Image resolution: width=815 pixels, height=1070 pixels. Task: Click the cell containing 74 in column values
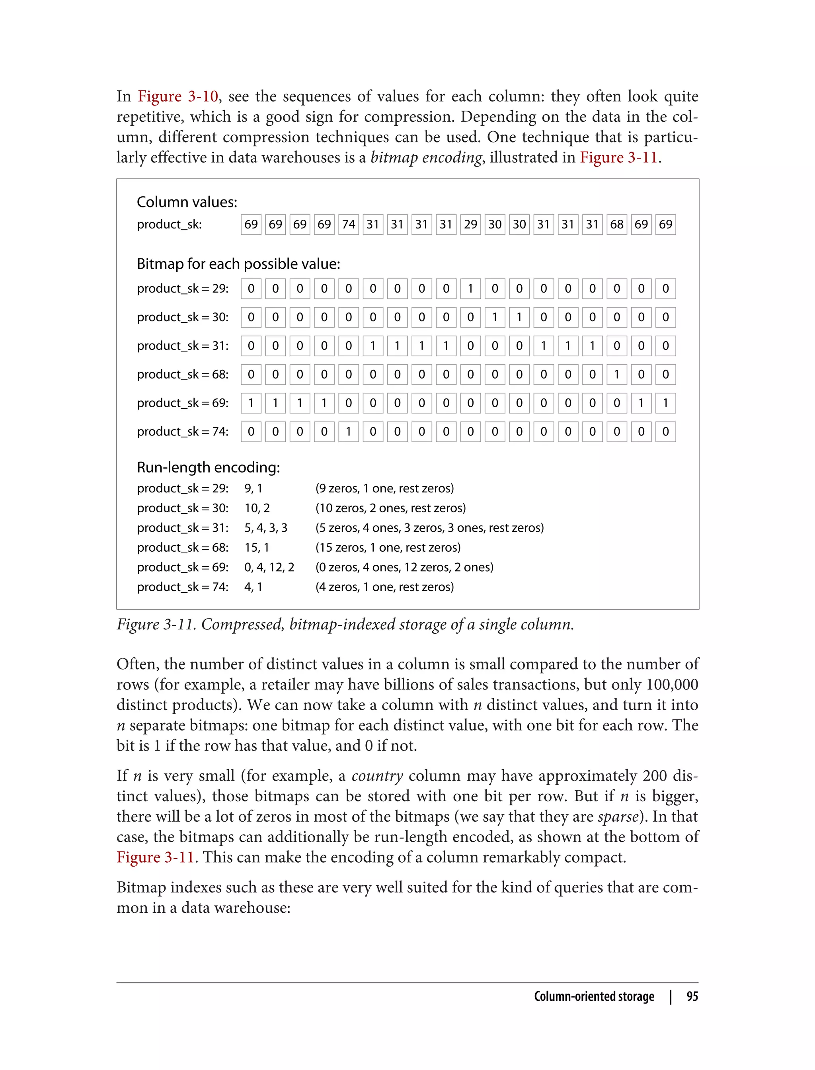[348, 224]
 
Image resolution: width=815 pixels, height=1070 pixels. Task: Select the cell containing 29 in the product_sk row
[470, 224]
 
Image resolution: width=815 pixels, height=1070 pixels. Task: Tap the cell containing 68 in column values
[616, 224]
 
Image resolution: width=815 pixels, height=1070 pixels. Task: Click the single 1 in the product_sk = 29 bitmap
[470, 289]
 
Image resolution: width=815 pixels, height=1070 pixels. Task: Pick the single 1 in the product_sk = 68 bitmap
[616, 374]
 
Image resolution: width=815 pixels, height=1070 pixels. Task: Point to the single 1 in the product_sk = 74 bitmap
[348, 432]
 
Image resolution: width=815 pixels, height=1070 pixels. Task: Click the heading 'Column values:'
[187, 202]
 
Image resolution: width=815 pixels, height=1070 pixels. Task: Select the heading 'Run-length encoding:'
[208, 467]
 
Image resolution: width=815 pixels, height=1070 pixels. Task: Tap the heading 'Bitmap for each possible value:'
[238, 264]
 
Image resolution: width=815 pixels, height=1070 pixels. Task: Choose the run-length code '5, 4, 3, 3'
[266, 527]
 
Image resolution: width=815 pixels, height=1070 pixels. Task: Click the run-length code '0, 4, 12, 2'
[269, 567]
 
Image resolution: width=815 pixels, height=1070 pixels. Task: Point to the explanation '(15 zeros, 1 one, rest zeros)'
[388, 547]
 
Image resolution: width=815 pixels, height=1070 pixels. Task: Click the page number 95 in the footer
[692, 996]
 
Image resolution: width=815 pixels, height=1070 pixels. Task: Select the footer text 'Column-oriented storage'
[594, 996]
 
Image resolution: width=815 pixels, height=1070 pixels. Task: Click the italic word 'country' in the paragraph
[377, 775]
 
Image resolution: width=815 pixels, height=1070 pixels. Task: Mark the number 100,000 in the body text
[672, 684]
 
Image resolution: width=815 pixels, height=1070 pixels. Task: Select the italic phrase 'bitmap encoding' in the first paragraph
[426, 158]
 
